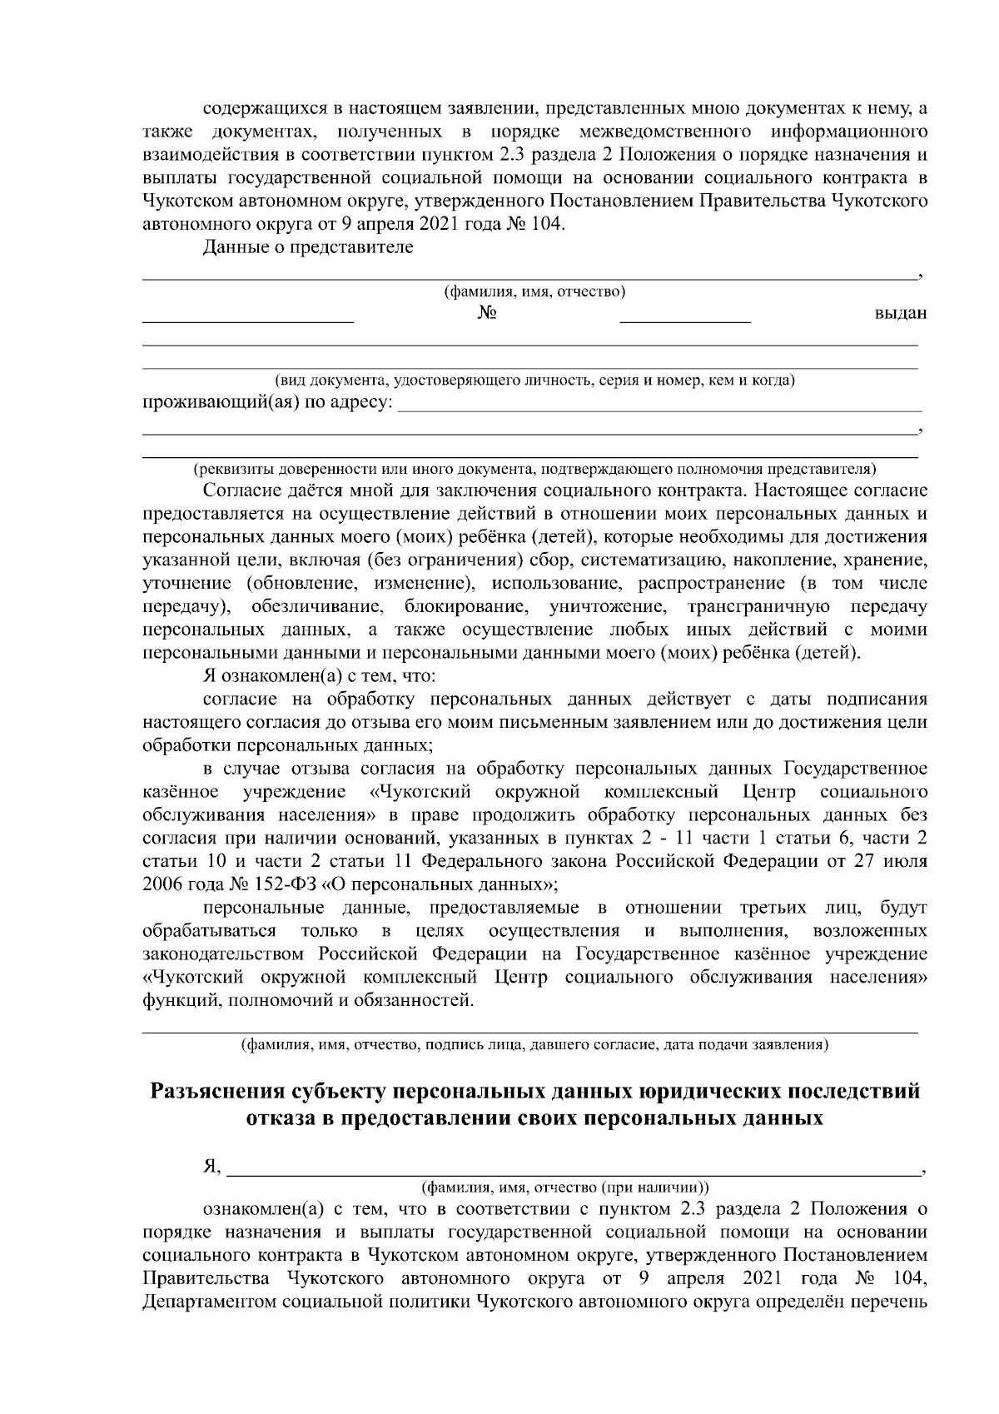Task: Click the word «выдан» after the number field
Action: click(x=900, y=313)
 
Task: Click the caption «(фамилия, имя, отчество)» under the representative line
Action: click(x=534, y=291)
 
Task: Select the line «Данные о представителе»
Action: click(x=308, y=247)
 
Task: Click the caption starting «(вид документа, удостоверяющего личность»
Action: click(x=534, y=381)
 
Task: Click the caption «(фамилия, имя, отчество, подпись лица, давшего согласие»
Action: click(x=534, y=1043)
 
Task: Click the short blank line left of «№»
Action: click(x=247, y=319)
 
